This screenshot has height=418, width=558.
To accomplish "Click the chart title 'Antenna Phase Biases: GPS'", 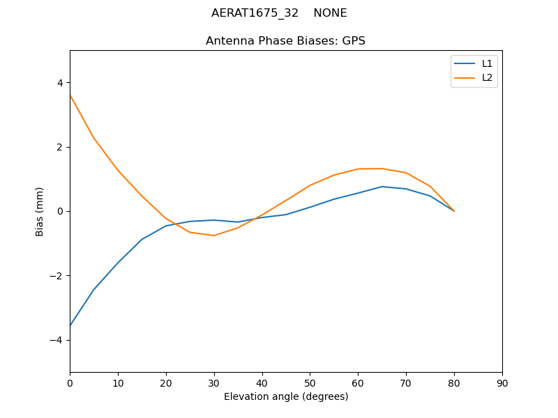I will tap(285, 41).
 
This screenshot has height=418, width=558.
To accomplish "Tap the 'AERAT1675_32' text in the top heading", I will tap(255, 13).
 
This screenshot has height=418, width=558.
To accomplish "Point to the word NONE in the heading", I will tap(330, 13).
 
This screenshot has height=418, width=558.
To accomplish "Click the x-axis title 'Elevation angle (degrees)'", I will tap(285, 396).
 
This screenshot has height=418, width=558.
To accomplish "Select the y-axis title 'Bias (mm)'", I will tap(40, 211).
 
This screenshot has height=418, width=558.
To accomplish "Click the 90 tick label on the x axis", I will tap(502, 382).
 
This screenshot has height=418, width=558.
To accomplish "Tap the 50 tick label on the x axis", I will tap(310, 382).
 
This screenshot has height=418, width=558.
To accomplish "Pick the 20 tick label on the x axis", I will tap(166, 382).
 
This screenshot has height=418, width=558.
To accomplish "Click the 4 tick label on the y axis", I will tap(60, 83).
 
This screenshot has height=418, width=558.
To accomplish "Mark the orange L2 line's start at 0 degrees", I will tap(70, 95).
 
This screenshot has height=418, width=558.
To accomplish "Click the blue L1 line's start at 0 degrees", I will tap(70, 326).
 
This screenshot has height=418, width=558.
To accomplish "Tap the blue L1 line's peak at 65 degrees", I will tap(382, 187).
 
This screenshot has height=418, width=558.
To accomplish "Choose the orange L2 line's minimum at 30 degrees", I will tap(214, 235).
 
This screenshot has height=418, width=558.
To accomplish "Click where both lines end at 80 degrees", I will tap(454, 211).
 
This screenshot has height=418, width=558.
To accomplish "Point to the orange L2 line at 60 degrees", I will tap(358, 169).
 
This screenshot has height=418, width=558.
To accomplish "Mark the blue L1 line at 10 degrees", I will tap(118, 263).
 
